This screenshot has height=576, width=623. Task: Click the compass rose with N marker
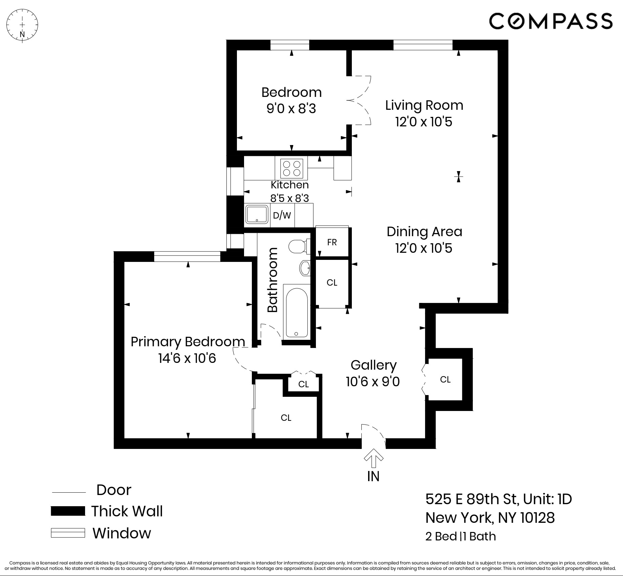22,25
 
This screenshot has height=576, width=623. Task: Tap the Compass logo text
550,21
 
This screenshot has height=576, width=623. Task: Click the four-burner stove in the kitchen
292,168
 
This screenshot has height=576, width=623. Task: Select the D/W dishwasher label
282,215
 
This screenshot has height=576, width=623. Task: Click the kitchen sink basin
257,214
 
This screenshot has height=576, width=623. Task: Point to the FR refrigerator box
332,242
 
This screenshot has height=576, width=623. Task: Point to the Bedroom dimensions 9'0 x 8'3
291,109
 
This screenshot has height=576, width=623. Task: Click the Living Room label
424,105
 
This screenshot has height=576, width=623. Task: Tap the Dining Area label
424,232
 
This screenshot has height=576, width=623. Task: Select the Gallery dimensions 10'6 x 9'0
373,382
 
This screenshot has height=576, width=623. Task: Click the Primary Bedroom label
188,342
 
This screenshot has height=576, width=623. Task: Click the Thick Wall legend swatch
68,511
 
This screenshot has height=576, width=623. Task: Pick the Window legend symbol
68,533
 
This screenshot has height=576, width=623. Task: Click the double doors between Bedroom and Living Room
359,100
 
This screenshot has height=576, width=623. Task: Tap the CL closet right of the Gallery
445,379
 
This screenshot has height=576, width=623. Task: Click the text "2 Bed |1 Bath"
461,536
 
